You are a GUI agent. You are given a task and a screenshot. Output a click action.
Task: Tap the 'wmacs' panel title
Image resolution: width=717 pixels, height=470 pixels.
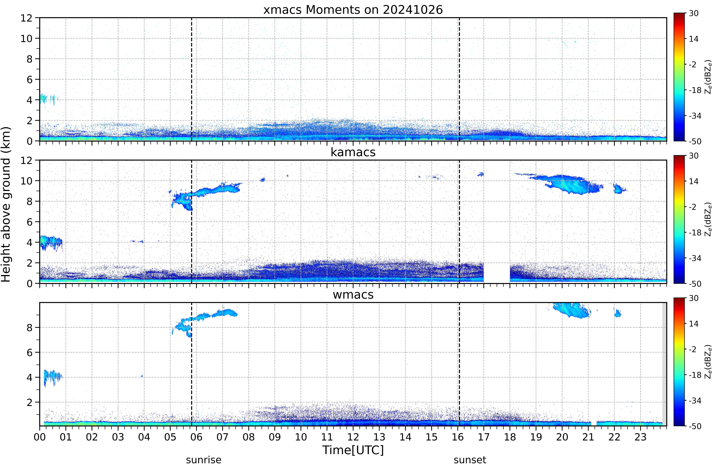tap(353, 294)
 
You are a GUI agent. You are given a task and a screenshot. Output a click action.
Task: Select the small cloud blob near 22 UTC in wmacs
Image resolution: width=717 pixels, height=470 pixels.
tap(618, 313)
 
